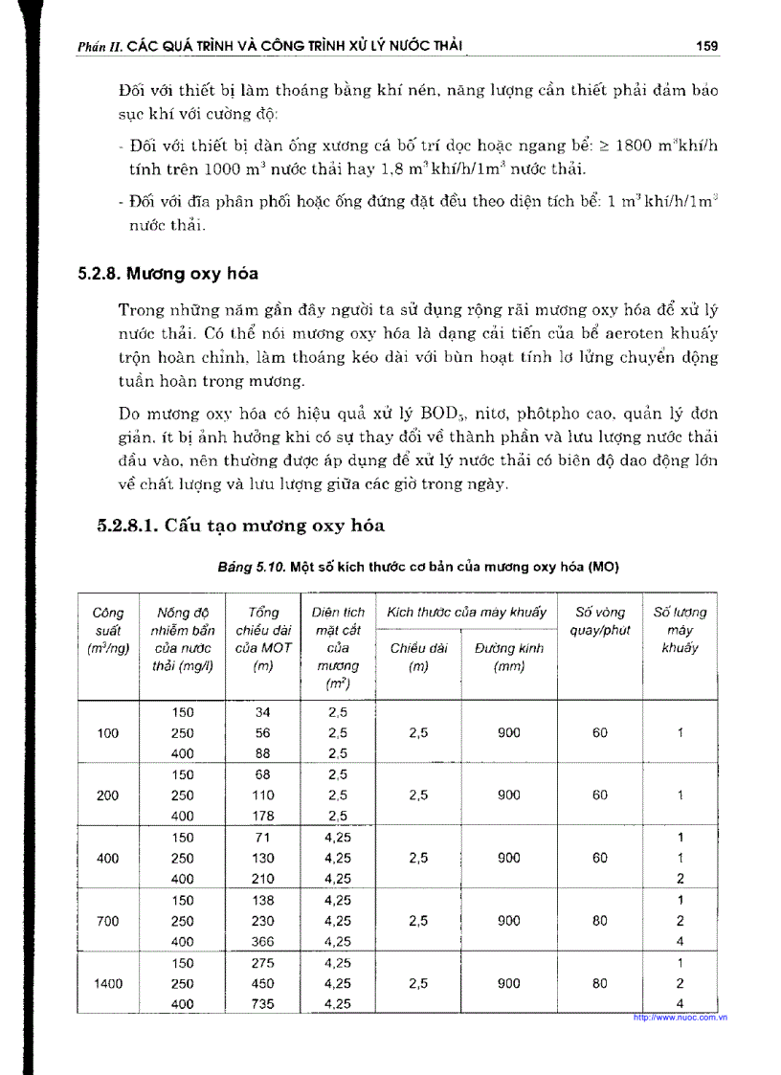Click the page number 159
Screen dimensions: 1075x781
707,45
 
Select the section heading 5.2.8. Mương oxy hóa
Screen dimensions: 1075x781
167,273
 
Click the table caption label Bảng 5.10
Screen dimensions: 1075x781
252,567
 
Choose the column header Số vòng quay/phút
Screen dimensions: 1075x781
599,621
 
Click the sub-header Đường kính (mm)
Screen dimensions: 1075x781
508,658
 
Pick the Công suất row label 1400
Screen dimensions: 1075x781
107,983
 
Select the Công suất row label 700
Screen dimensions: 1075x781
107,921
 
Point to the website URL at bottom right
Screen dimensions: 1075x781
681,1018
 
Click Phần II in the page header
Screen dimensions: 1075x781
98,46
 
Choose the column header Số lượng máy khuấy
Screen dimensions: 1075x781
680,630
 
